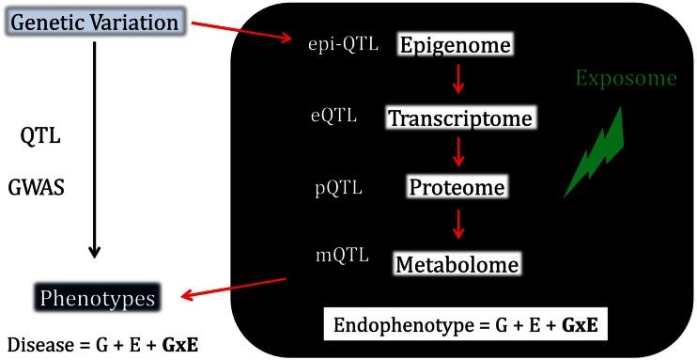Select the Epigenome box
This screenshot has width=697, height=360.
click(457, 45)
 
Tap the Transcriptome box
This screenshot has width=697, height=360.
click(460, 118)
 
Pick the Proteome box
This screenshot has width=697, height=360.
click(457, 187)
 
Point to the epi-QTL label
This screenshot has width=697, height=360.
click(344, 43)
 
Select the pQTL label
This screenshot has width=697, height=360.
click(338, 187)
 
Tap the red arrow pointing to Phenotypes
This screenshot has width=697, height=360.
click(235, 290)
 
